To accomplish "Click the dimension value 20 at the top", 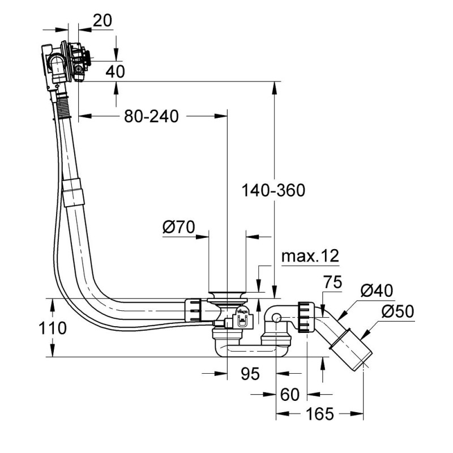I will pos(102,20).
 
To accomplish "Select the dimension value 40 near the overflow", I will pos(115,71).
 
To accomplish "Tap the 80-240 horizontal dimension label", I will pos(151,116).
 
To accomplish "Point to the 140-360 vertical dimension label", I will pos(273,190).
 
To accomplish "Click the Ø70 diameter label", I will pos(178,228).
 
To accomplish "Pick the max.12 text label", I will pos(310,256).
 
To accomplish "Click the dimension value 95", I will pos(249,374).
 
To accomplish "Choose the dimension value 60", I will pos(289,395).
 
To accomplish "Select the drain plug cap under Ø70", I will pos(226,296).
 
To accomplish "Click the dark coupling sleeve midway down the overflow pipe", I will pos(73,191).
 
